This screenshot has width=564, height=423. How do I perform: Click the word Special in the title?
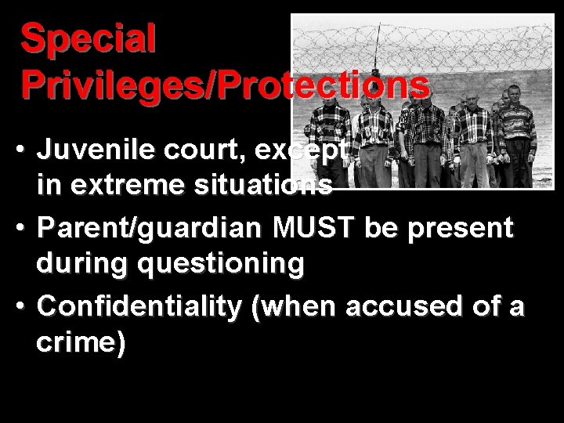pyautogui.click(x=89, y=39)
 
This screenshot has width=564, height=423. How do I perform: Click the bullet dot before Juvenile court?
pyautogui.click(x=26, y=150)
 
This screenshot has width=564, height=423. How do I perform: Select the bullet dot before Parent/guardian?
pyautogui.click(x=26, y=229)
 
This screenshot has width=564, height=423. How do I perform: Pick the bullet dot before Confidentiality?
pyautogui.click(x=26, y=306)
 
